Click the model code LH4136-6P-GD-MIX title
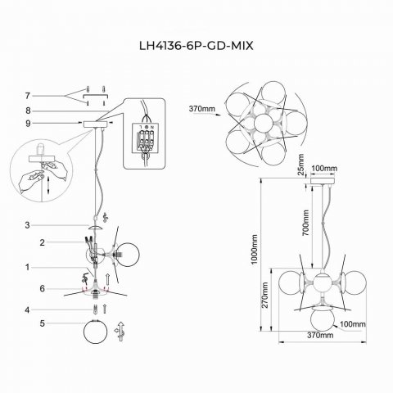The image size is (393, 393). click(x=196, y=47)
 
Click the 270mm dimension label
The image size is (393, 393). click(x=264, y=300)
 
